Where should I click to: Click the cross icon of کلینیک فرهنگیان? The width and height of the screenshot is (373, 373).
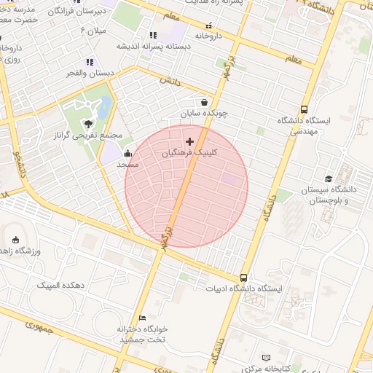pyautogui.click(x=190, y=141)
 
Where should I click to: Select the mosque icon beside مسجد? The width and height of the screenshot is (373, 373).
pyautogui.click(x=128, y=153)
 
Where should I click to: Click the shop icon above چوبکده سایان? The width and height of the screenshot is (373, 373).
pyautogui.click(x=204, y=102)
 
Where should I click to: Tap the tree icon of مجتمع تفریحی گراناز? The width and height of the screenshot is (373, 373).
pyautogui.click(x=88, y=124)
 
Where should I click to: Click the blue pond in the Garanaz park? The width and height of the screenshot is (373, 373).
pyautogui.click(x=105, y=107)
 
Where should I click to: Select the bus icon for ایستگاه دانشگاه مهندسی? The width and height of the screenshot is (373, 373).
pyautogui.click(x=304, y=109)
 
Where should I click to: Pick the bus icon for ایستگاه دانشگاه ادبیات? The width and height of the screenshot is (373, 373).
pyautogui.click(x=243, y=278)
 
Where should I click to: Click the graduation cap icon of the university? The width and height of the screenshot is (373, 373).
pyautogui.click(x=329, y=178)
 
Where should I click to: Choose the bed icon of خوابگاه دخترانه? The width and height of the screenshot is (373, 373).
pyautogui.click(x=142, y=318)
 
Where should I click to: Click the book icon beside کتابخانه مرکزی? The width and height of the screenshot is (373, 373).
pyautogui.click(x=265, y=358)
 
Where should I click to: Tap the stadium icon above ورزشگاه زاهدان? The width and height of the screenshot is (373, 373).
pyautogui.click(x=16, y=240)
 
